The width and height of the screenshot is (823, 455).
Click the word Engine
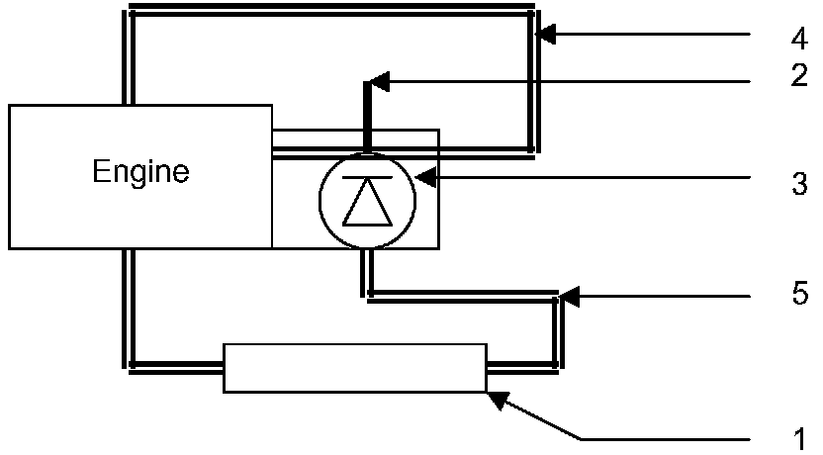coord(140,172)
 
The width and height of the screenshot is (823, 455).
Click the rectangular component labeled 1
coord(355,368)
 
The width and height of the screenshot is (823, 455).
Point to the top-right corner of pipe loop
coord(534,13)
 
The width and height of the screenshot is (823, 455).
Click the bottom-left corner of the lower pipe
coord(131,364)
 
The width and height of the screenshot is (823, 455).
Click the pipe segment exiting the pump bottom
coord(368,271)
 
